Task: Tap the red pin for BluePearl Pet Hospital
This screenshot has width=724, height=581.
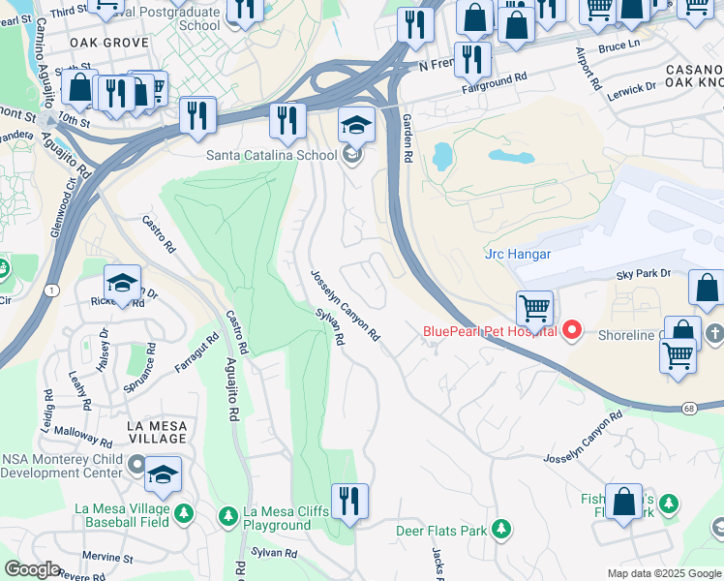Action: [x=571, y=332]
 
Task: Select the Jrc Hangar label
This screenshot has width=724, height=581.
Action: [x=518, y=255]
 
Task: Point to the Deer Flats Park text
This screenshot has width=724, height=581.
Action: [x=440, y=531]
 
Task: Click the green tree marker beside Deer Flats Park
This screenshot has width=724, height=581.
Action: [x=500, y=529]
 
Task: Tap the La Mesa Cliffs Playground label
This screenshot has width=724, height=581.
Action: [x=290, y=519]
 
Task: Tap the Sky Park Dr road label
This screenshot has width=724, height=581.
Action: [x=644, y=274]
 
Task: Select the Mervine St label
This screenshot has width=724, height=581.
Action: [x=108, y=558]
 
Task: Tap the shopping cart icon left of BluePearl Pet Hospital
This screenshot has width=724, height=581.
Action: [x=534, y=310]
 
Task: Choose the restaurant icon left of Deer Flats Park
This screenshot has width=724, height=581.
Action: [x=349, y=502]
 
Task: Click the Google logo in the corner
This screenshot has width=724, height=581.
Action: [x=32, y=569]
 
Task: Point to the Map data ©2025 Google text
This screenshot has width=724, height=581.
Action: [x=663, y=573]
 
